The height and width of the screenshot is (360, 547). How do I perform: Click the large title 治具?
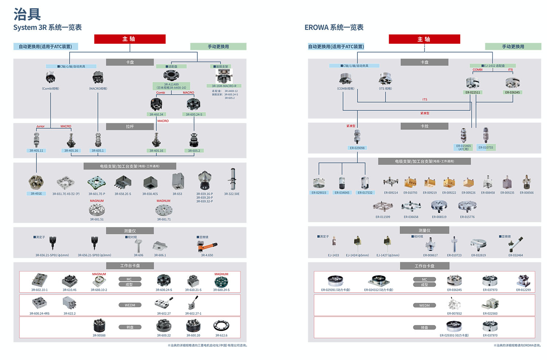point(27,14)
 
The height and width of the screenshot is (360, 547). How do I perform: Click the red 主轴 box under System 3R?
point(130,39)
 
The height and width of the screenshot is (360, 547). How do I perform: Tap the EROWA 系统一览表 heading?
point(334,27)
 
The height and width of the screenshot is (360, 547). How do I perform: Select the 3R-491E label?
point(36,194)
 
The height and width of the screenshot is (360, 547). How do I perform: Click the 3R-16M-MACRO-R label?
point(224,86)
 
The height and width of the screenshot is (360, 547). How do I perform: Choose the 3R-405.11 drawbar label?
point(36,150)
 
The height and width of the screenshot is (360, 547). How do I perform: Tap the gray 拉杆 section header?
point(130,126)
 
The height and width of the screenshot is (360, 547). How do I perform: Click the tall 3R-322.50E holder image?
point(232,179)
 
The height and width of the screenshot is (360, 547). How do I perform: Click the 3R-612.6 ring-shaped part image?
point(221,326)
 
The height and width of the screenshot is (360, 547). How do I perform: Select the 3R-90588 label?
point(99,335)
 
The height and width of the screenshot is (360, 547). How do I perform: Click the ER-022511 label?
point(473,92)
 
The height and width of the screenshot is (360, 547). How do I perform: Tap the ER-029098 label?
point(357,148)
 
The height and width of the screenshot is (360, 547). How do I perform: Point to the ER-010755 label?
point(486,148)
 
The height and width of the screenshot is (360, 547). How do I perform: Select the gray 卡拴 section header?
point(424,126)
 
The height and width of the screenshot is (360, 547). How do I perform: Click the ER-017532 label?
point(365,193)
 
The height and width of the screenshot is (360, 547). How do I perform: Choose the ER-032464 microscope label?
point(516,255)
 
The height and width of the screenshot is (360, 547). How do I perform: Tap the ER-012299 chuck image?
point(523,281)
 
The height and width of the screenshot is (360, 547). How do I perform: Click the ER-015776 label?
point(467,217)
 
